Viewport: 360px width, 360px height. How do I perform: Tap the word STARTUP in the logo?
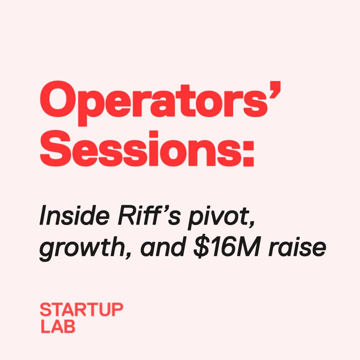coord(81,310)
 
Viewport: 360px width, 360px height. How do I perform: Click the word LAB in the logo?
coord(58,326)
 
